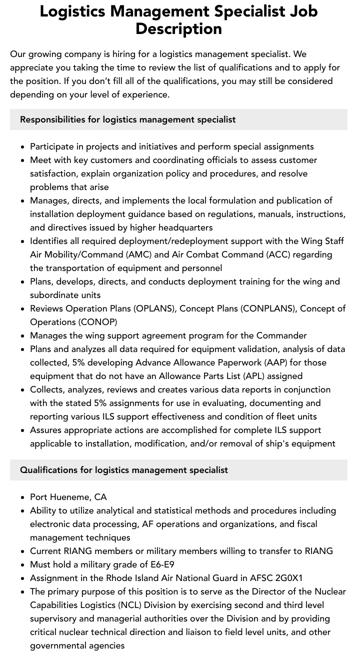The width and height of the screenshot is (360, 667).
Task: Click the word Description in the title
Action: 178,28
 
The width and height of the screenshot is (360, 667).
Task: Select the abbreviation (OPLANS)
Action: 151,308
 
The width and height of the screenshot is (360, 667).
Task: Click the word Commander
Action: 281,335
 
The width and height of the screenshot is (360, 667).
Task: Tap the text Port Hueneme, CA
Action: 68,497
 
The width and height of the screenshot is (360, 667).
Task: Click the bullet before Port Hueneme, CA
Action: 23,497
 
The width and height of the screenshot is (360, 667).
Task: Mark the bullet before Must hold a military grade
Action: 23,565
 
